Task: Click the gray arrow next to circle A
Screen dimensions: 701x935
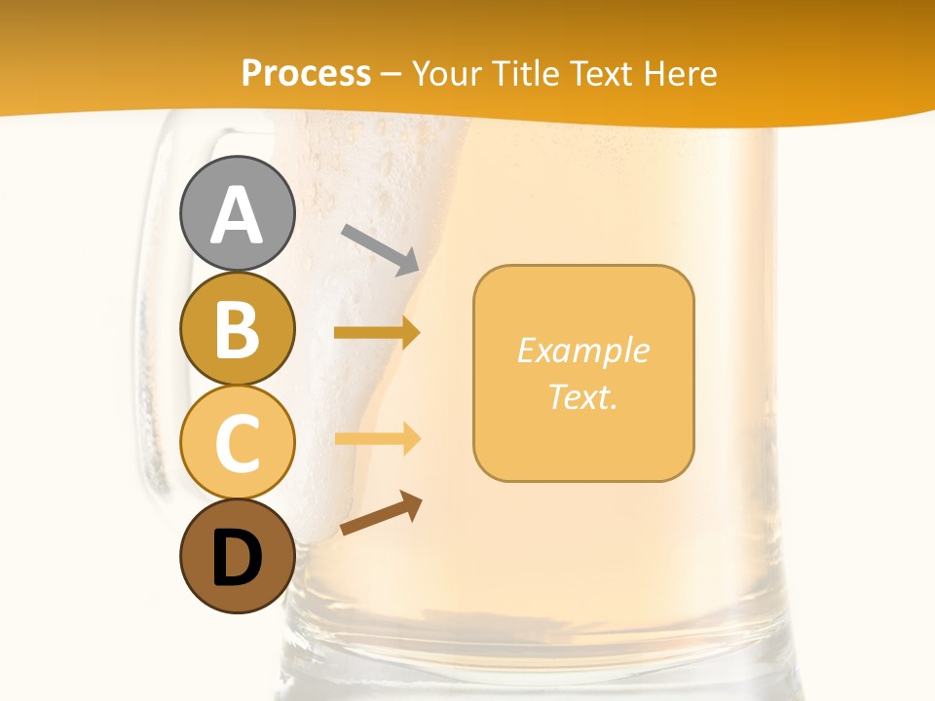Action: pos(380,248)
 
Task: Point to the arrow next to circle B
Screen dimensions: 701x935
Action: pos(377,333)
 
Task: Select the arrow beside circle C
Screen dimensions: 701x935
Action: pos(377,438)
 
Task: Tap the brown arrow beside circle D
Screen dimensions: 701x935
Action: pos(381,513)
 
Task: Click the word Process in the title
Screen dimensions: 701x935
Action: pos(306,73)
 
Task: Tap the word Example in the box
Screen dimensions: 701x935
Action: pos(582,351)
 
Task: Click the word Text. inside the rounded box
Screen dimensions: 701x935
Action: pos(582,397)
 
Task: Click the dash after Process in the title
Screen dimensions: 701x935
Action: pos(392,75)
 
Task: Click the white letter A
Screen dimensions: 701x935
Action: pos(237,216)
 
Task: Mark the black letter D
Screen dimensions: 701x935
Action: pos(237,558)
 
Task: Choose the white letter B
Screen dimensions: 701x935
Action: pos(237,330)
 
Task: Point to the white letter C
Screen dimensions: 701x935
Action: pos(237,443)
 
